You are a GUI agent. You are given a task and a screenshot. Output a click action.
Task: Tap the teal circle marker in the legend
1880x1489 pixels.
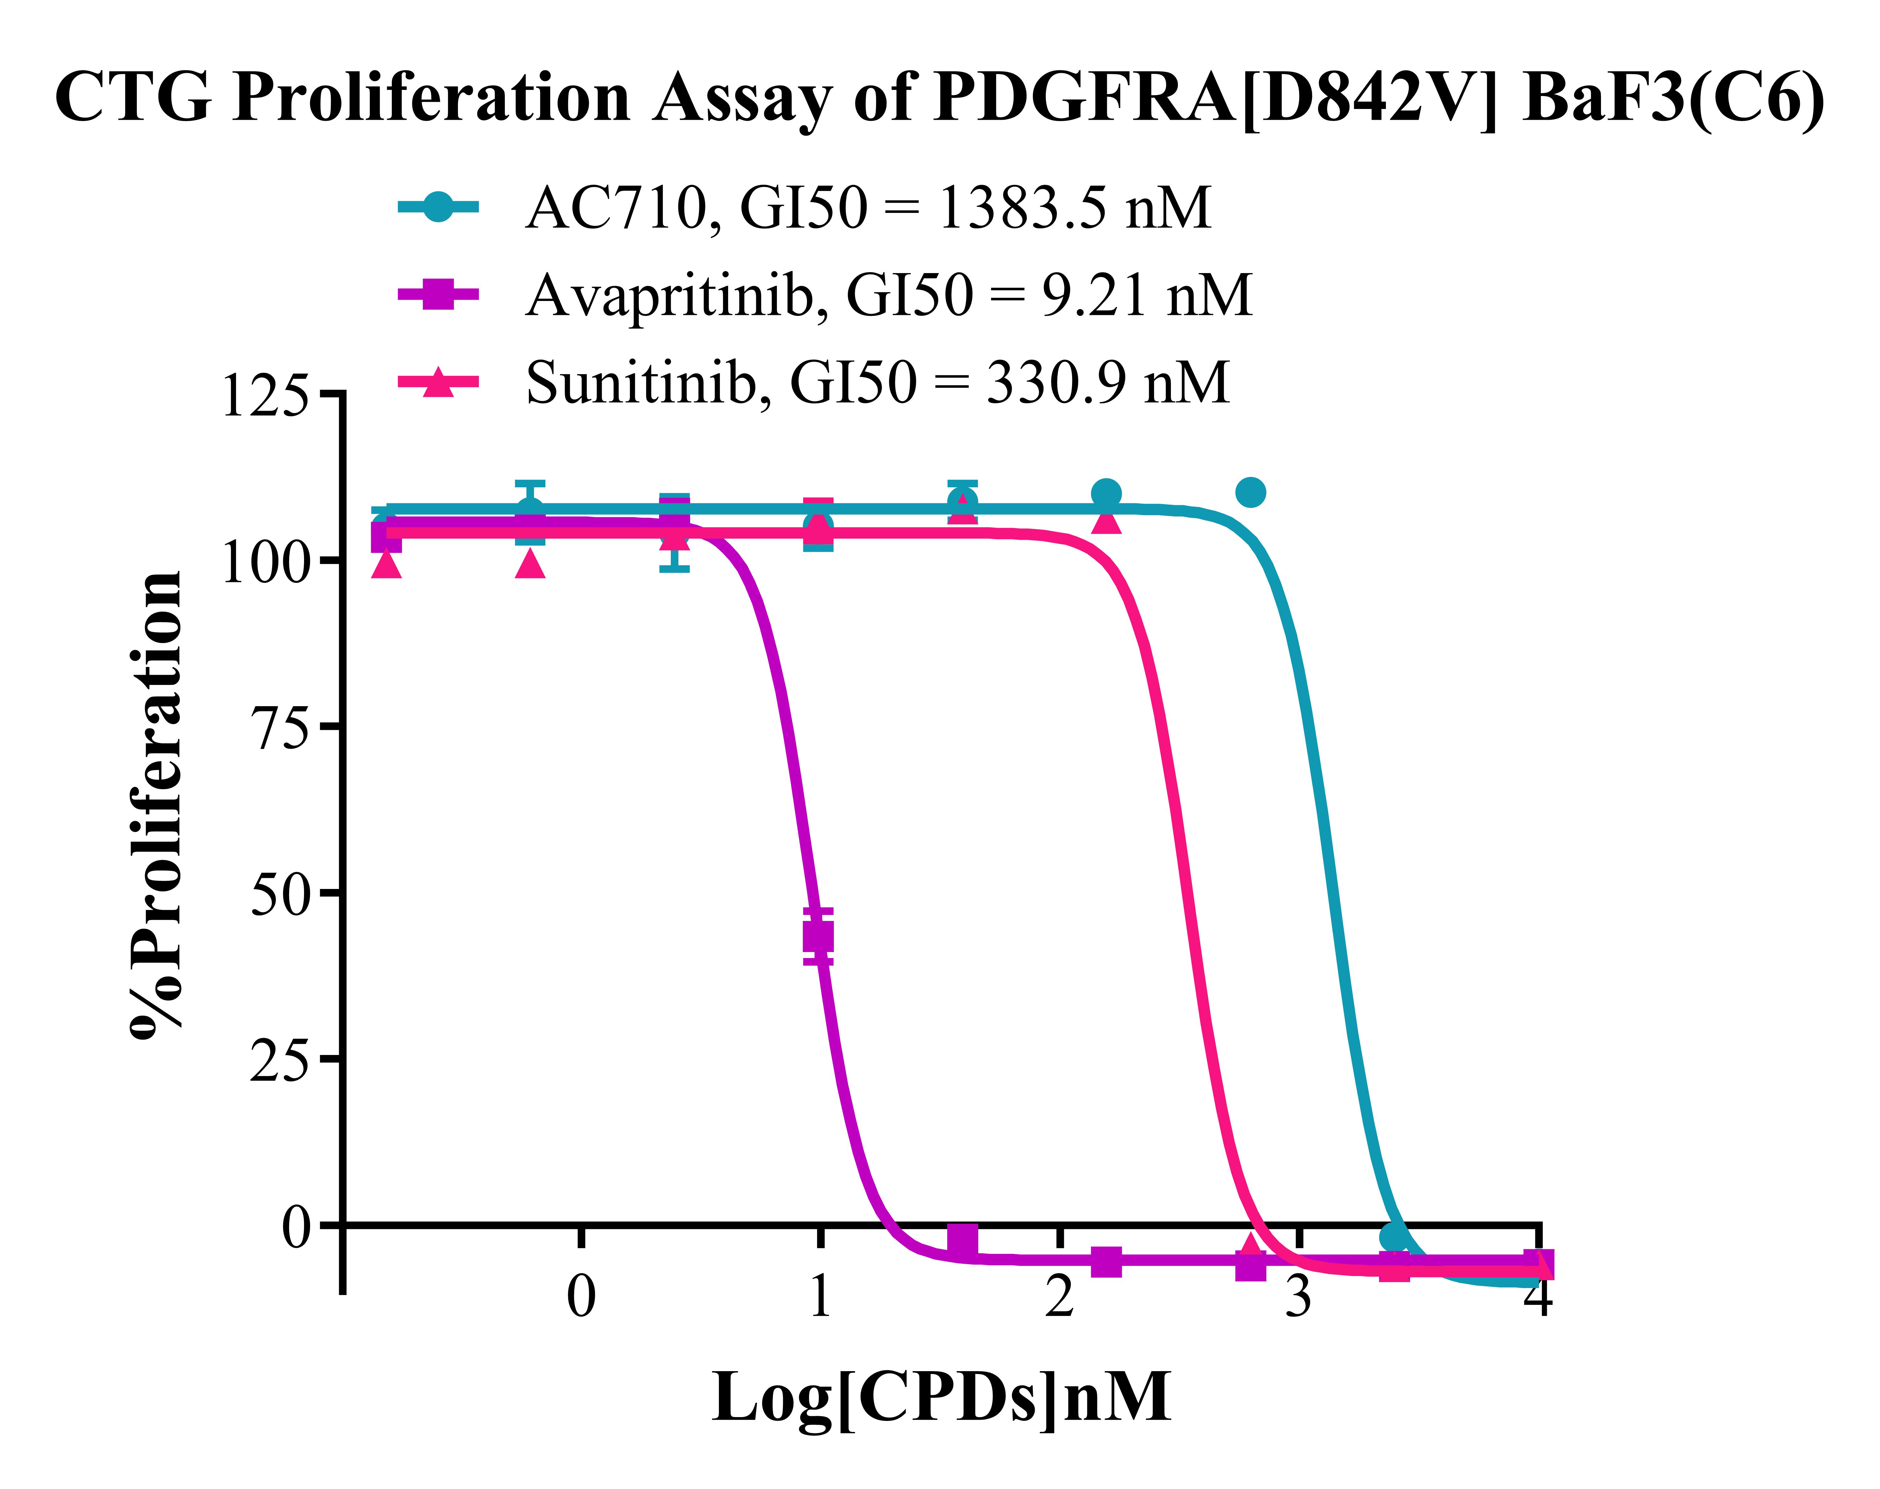pos(438,208)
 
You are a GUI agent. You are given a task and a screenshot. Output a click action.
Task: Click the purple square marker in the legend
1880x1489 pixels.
pos(438,295)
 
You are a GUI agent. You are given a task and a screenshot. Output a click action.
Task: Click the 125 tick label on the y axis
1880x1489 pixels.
pos(266,397)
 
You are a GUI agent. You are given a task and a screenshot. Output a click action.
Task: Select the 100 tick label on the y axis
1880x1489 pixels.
pos(266,562)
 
